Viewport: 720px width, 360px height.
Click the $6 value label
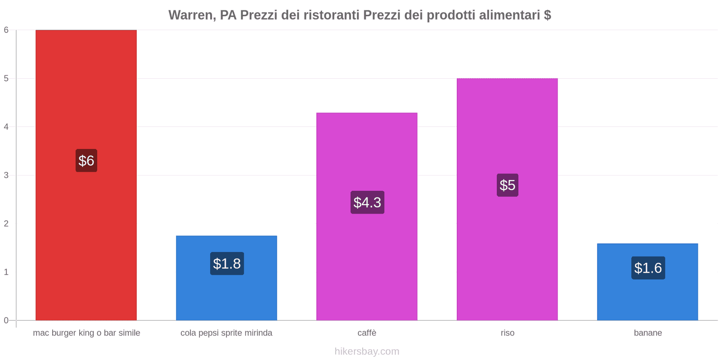[x=86, y=161]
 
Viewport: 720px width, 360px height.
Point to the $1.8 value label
[x=227, y=264]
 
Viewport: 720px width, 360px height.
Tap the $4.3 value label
[x=367, y=202]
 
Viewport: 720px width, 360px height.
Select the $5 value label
[x=507, y=185]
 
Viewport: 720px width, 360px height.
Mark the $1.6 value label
[x=648, y=268]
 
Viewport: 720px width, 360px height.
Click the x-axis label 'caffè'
[x=367, y=333]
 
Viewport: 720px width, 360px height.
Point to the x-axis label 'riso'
[x=507, y=333]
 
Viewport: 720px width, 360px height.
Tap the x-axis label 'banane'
[x=648, y=333]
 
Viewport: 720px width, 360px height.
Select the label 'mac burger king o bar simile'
[x=86, y=333]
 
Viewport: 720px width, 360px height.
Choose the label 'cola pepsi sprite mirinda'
[x=226, y=333]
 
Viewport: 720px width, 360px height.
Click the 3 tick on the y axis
[x=6, y=175]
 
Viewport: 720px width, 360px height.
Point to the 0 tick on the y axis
[x=6, y=320]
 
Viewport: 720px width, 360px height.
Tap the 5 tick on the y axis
[x=6, y=78]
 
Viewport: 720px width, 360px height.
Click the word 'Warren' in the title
[x=191, y=15]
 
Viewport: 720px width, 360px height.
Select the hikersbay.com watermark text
[x=367, y=351]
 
